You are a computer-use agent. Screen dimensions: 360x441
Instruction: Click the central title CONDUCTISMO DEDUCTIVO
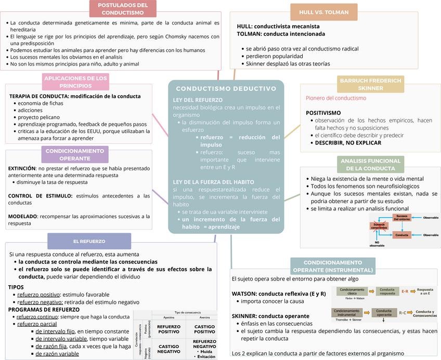point(226,89)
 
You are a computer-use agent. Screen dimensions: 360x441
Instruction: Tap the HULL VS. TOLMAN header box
point(323,12)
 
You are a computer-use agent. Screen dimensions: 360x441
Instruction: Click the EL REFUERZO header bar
point(89,241)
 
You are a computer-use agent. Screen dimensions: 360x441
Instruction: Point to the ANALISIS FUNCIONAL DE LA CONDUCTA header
point(370,165)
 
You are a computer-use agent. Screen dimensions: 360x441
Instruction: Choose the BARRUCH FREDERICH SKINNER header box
point(370,85)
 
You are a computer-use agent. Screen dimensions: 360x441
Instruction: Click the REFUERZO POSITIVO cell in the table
point(168,329)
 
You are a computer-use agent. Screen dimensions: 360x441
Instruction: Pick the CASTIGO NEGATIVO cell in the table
point(168,349)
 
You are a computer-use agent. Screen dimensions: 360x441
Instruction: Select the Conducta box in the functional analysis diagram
point(401,235)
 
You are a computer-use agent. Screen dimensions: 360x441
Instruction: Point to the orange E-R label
point(405,291)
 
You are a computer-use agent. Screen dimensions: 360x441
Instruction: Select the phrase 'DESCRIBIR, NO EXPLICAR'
point(348,142)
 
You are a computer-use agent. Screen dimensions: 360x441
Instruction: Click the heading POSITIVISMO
point(323,112)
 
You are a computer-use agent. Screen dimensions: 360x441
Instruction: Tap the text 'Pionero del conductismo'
point(335,98)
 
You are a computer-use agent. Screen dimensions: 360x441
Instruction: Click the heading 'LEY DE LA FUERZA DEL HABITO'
point(213,182)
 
